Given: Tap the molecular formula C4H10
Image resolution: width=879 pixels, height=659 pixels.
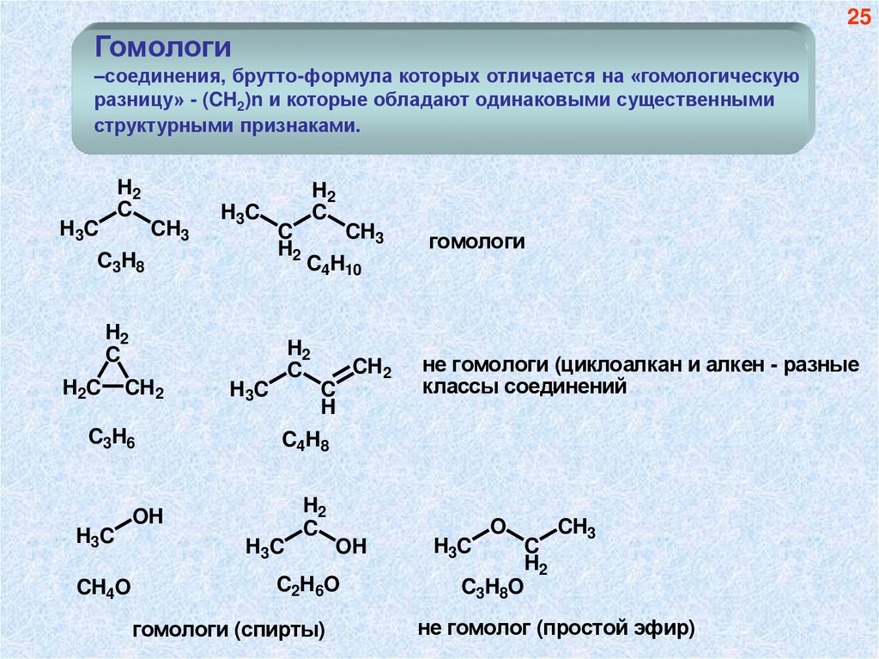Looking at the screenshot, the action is click(x=335, y=267).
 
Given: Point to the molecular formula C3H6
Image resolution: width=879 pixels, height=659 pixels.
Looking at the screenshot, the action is click(x=112, y=438).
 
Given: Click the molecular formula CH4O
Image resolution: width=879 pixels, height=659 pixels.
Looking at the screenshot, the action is click(x=103, y=588).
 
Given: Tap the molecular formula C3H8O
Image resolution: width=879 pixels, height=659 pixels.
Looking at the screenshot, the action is click(x=492, y=588).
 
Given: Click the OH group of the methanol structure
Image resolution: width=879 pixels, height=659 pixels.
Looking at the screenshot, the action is click(x=147, y=516).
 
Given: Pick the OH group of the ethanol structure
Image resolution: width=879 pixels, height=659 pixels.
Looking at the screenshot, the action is click(x=351, y=546).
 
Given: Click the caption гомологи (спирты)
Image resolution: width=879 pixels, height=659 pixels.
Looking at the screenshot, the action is click(x=228, y=632).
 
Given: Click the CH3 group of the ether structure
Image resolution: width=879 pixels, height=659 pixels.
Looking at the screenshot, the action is click(x=577, y=528).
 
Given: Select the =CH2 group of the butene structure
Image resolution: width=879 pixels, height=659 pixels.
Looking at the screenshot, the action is click(x=373, y=369).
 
